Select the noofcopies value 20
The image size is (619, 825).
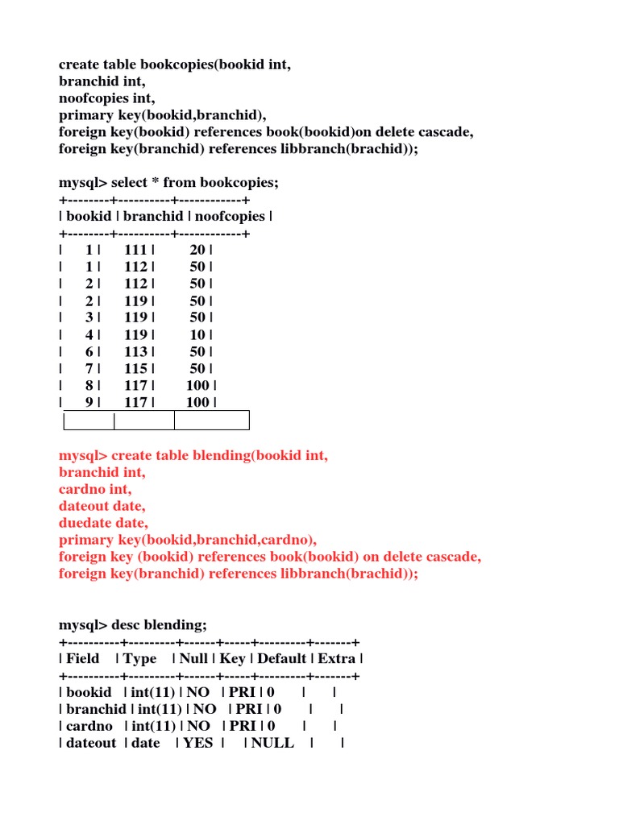197,251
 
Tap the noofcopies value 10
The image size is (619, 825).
197,334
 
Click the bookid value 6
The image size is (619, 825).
89,351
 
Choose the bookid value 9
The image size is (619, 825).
89,402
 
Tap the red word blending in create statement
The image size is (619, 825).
221,455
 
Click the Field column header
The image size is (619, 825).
83,659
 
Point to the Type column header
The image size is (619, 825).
140,659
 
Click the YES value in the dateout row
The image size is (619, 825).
198,743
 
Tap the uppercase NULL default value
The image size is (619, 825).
272,743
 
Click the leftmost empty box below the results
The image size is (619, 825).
89,420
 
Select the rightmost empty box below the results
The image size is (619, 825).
211,420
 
